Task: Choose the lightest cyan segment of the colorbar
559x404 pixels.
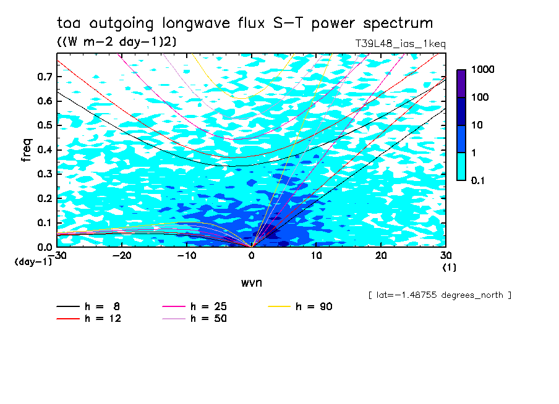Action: [461, 167]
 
